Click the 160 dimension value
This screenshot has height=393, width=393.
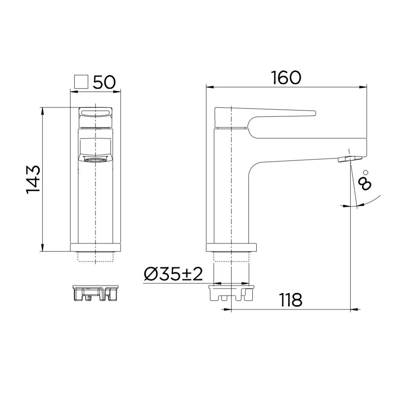coord(286,77)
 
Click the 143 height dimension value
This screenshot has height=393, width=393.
coord(33,179)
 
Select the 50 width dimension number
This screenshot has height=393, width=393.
coord(104,82)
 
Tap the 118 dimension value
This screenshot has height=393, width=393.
coord(291,300)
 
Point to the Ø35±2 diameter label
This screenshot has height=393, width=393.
coord(173,274)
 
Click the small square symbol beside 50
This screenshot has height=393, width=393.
coord(81,82)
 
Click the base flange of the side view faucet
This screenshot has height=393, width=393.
coord(231,247)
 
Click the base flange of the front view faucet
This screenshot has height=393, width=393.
coord(95,247)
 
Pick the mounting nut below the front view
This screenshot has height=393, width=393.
coord(95,293)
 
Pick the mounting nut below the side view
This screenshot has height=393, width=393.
coord(231,293)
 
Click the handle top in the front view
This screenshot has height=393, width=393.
coord(95,114)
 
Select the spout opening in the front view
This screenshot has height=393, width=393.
coord(95,159)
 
